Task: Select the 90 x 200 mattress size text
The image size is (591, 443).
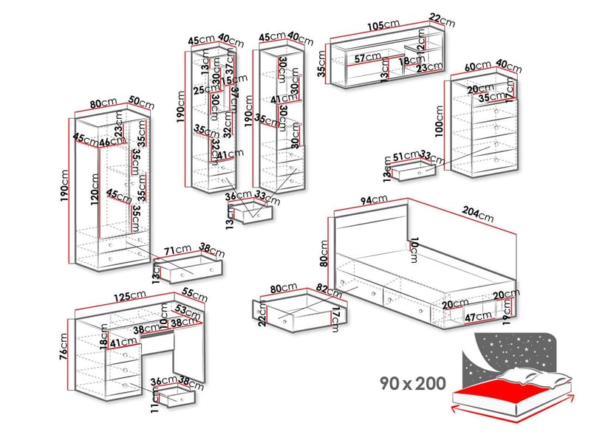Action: [x=414, y=383]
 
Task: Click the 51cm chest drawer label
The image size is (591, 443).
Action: [x=404, y=156]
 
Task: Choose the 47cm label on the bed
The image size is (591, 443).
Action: [x=478, y=316]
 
